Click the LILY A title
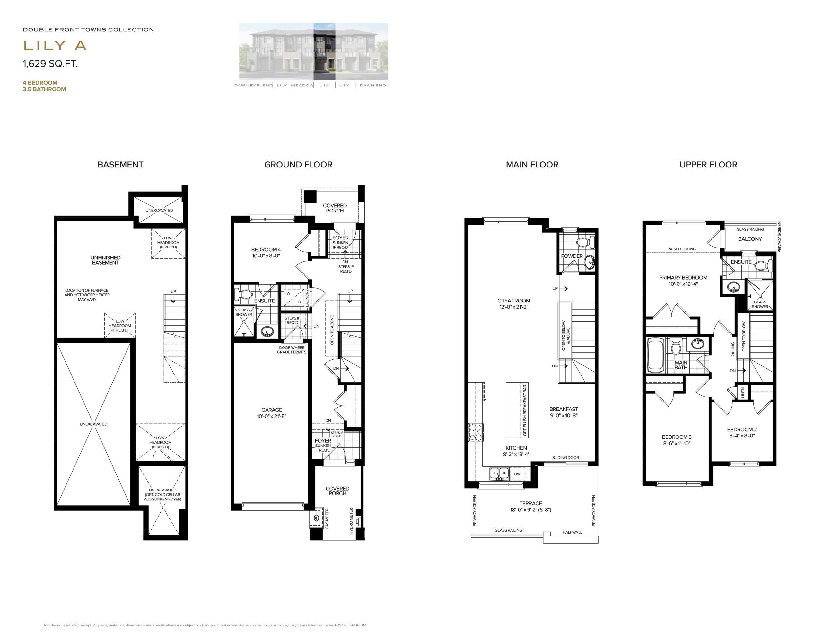55,46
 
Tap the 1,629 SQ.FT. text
50,64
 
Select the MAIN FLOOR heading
532,165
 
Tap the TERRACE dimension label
531,506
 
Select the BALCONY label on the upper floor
750,239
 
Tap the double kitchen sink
499,473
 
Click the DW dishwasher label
518,474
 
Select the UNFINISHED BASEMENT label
105,260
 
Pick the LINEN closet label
743,392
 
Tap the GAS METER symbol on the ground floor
315,518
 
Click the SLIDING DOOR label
566,458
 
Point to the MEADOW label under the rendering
302,86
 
